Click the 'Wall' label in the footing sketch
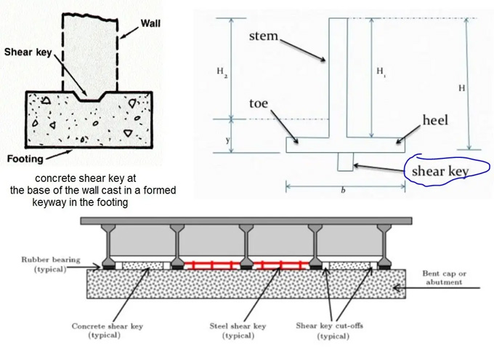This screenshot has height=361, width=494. click(150, 23)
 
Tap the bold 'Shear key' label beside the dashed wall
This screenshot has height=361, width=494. click(28, 52)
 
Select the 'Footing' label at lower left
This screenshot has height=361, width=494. click(25, 158)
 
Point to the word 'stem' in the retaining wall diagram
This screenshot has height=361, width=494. click(264, 36)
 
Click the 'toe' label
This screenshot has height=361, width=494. click(259, 104)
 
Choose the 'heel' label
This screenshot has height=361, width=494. click(435, 119)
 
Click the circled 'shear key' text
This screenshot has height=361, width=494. click(440, 172)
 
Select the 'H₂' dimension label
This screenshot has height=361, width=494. click(221, 71)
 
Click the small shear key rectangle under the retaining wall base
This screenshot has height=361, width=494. click(345, 162)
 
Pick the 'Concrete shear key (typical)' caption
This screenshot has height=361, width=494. click(107, 330)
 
